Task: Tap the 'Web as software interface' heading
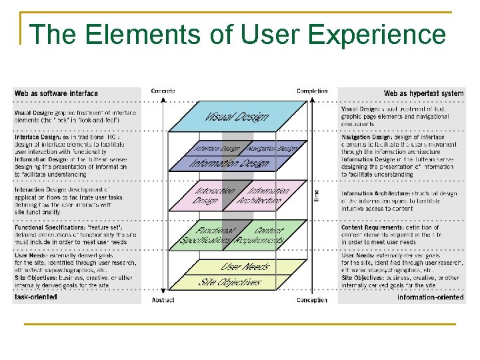coord(56,93)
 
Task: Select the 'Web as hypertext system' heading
coord(423,93)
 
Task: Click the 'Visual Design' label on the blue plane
coord(237,117)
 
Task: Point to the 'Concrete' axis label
coord(163,91)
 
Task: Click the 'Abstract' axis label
coord(163,301)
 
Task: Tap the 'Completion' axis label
coord(312,91)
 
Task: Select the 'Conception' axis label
coord(312,301)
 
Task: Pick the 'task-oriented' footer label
coord(36,297)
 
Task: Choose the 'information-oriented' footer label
coord(430,297)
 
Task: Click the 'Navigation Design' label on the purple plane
coord(269,149)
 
